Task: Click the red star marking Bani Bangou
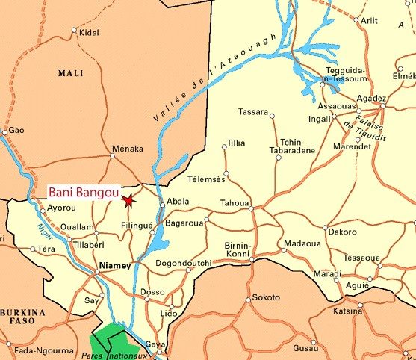click(128, 200)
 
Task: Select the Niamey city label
click(114, 266)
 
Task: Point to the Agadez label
click(371, 98)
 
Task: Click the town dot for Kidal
click(74, 31)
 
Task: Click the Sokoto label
click(266, 297)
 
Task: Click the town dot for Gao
click(5, 132)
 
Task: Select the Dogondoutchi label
click(184, 263)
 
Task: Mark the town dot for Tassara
click(272, 116)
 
